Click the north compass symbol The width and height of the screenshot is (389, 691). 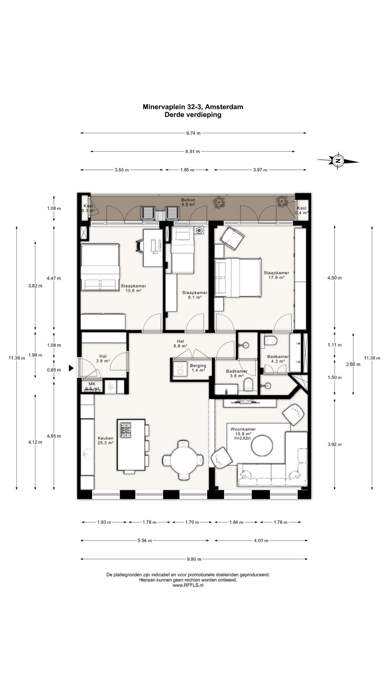click(338, 161)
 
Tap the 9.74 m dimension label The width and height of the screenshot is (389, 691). click(193, 133)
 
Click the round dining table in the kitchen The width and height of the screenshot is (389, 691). click(183, 460)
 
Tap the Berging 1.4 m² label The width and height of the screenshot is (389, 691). click(198, 368)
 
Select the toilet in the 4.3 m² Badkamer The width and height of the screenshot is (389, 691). click(270, 340)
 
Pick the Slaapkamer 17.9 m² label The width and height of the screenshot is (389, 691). click(276, 275)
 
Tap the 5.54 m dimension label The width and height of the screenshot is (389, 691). click(145, 540)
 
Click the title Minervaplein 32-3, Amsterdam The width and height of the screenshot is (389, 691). click(193, 107)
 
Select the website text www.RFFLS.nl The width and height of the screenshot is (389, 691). click(188, 585)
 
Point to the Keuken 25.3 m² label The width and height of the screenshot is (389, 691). click(106, 441)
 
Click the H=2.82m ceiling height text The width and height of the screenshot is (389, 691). click(242, 438)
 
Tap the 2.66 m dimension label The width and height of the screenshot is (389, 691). click(353, 364)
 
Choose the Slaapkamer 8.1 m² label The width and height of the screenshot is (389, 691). click(195, 295)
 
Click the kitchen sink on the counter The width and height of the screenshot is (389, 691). click(86, 454)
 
